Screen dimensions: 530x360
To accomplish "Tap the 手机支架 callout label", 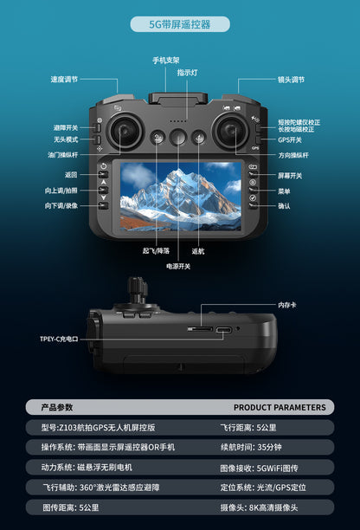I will coord(166,60).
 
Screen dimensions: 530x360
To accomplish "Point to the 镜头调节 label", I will coord(291,80).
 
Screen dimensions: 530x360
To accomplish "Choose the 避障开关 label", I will coord(66,127).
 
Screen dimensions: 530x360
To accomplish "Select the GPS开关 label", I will coord(290,139).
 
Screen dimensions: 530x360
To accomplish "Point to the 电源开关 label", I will coord(178,266).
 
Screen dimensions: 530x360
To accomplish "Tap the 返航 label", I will coord(198,251).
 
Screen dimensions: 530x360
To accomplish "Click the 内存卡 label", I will coord(288,305).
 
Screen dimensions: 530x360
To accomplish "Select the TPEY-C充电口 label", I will coord(58,339).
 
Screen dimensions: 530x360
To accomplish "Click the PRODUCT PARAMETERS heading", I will coord(280,407).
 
